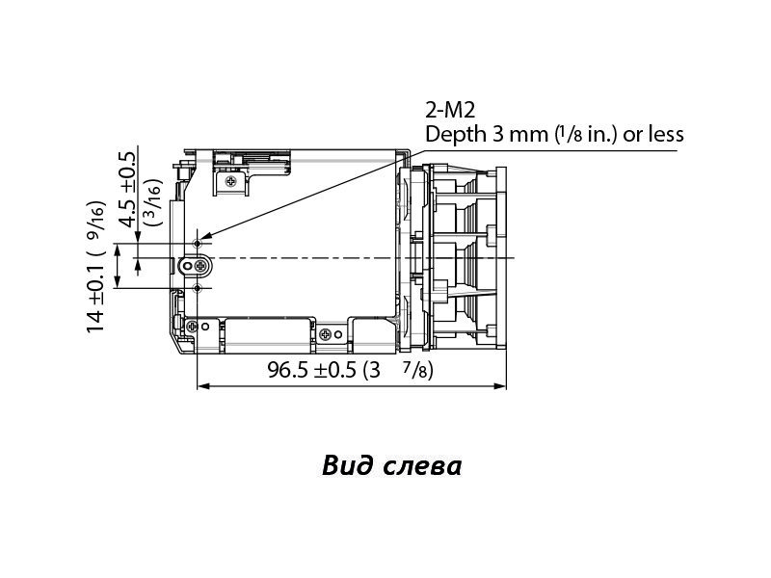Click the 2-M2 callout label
click(450, 110)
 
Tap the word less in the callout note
click(665, 134)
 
